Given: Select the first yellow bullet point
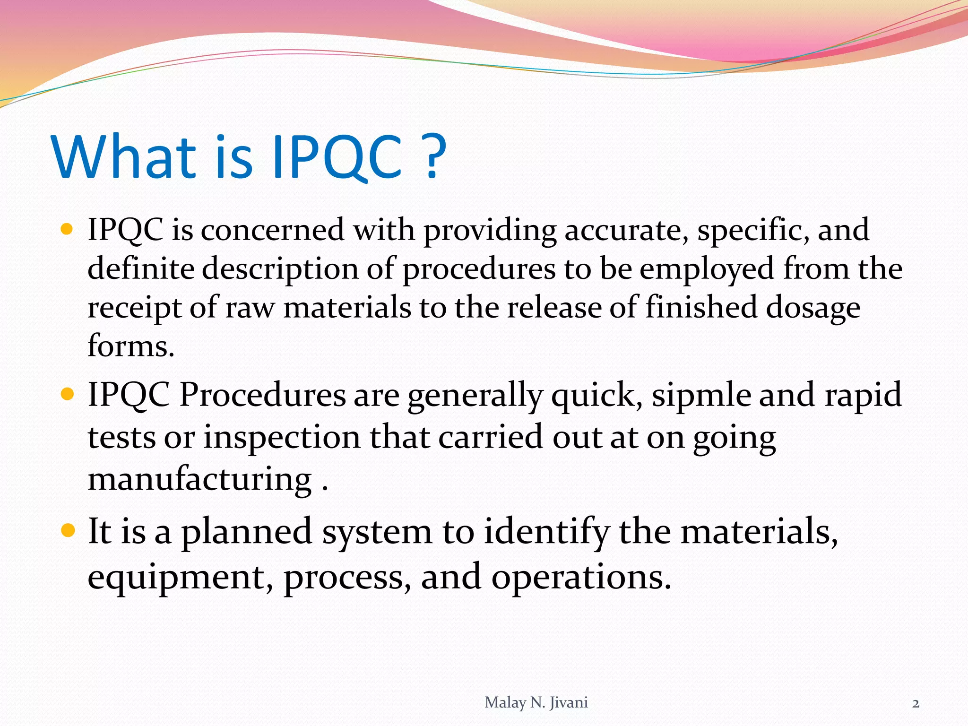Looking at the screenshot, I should pyautogui.click(x=67, y=230).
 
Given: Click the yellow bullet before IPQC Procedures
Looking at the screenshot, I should pyautogui.click(x=67, y=394).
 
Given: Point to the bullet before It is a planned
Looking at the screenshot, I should pyautogui.click(x=67, y=531).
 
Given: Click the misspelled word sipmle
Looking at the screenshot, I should pyautogui.click(x=701, y=395).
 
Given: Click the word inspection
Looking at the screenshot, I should pyautogui.click(x=282, y=437).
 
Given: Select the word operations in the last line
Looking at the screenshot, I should pyautogui.click(x=580, y=578).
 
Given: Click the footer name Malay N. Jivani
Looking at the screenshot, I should pyautogui.click(x=536, y=703).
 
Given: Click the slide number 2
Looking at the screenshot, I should pyautogui.click(x=916, y=704).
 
